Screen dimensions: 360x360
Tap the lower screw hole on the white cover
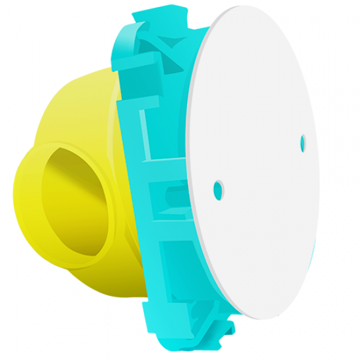click(x=218, y=190)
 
